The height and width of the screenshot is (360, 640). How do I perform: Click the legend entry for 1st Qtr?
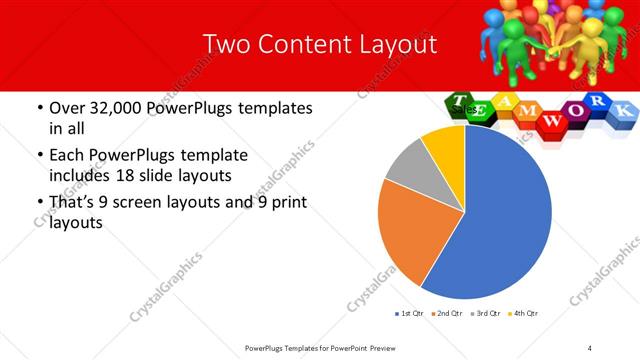[409, 314]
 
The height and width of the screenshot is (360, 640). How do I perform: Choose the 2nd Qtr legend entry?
[447, 314]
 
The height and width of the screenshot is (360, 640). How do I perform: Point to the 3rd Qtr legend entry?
[486, 314]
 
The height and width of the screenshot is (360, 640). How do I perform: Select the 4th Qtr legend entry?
[523, 314]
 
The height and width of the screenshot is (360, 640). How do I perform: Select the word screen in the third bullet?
[180, 203]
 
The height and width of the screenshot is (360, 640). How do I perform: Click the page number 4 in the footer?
[590, 347]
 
